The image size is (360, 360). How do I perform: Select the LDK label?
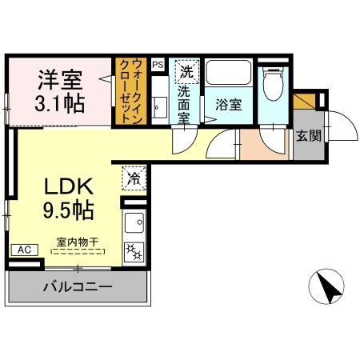point(70,187)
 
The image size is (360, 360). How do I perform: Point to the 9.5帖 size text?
point(70,211)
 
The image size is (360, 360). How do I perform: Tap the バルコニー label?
point(78,286)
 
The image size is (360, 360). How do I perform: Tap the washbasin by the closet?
point(158,102)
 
